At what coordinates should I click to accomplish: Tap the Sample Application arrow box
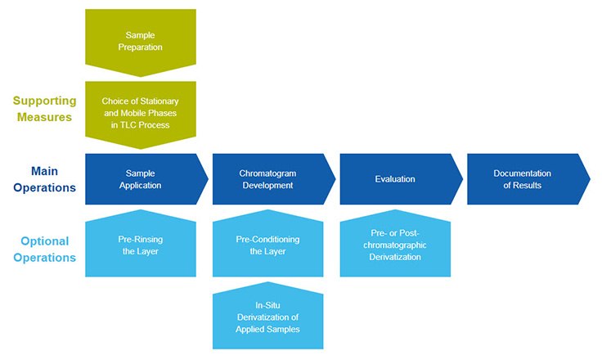[144, 179]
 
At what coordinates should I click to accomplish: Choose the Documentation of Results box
[524, 179]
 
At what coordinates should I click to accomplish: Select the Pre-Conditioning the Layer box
[267, 245]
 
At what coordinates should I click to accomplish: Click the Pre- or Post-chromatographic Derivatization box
[394, 246]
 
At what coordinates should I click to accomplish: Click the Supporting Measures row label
[44, 109]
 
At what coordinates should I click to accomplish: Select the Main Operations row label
[49, 179]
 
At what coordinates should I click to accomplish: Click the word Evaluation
[395, 179]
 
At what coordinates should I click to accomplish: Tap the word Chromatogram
[267, 173]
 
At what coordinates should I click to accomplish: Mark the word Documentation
[523, 173]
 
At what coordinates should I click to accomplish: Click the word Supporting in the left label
[44, 101]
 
